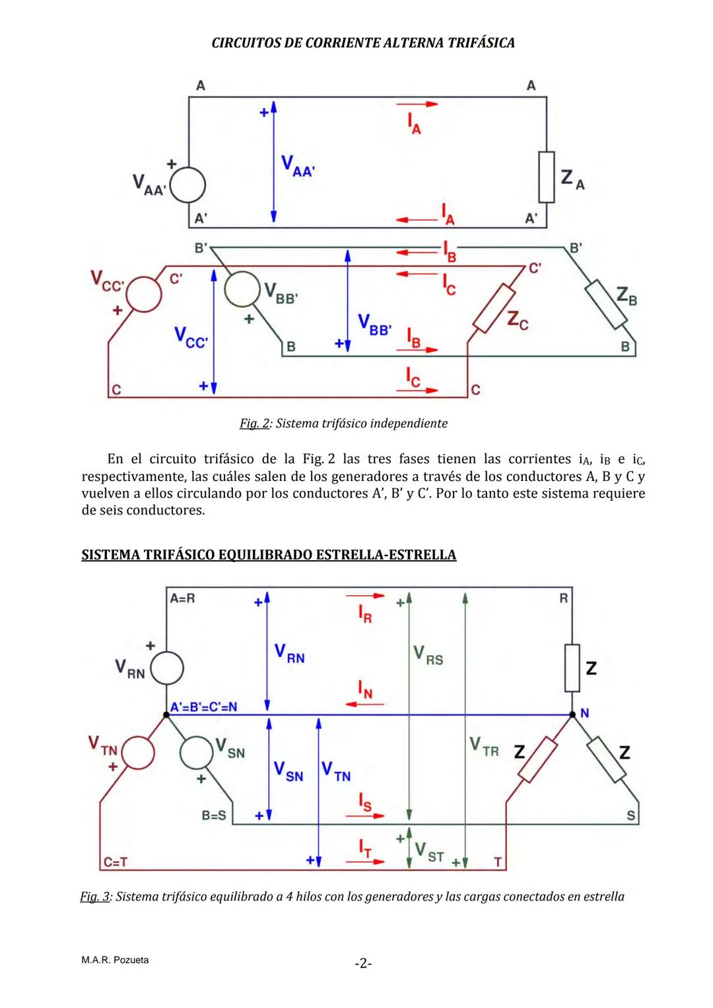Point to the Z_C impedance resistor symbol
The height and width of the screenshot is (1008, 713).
pyautogui.click(x=494, y=308)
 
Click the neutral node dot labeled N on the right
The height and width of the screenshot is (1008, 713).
pyautogui.click(x=572, y=714)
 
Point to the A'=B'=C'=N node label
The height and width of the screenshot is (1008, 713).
pyautogui.click(x=203, y=707)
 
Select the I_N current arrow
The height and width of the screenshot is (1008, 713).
pyautogui.click(x=364, y=704)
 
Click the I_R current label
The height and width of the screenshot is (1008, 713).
pyautogui.click(x=365, y=614)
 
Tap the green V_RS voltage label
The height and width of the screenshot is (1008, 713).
pyautogui.click(x=428, y=656)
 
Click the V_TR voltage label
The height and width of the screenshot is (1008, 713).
pyautogui.click(x=484, y=747)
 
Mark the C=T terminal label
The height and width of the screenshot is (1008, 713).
pyautogui.click(x=116, y=862)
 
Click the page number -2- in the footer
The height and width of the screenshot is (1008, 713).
pyautogui.click(x=363, y=963)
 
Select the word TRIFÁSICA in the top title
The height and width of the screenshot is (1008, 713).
pyautogui.click(x=481, y=43)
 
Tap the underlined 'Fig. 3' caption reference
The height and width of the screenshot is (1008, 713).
pyautogui.click(x=95, y=897)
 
